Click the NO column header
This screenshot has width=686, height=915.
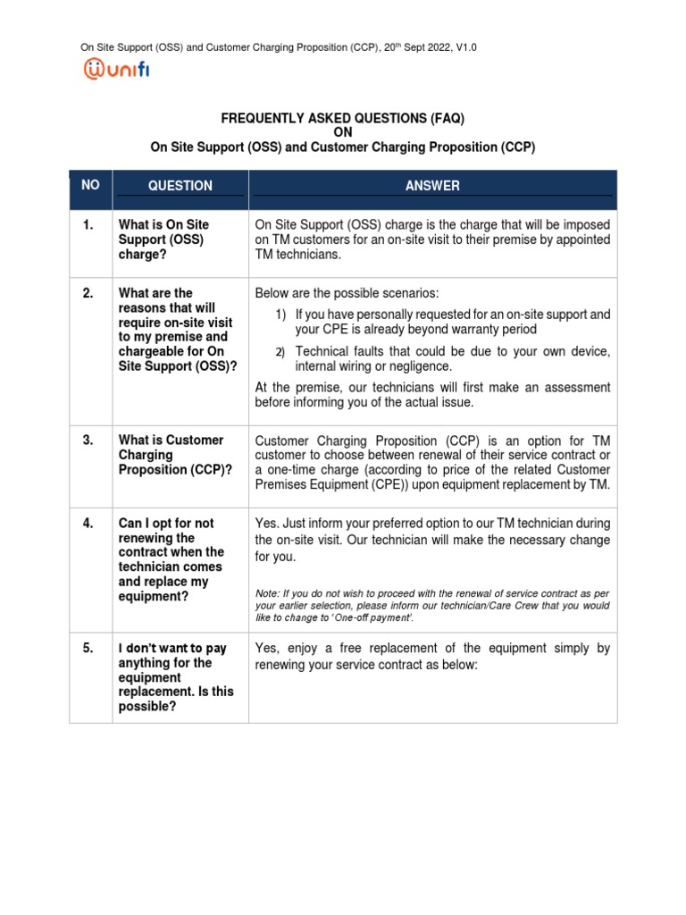coord(90,185)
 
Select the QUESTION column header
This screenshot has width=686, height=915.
coord(180,186)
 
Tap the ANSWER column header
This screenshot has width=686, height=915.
coord(432,186)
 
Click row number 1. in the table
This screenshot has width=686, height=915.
coord(88,225)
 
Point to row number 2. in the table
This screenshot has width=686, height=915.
coord(88,293)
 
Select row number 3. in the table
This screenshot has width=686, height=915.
coord(88,440)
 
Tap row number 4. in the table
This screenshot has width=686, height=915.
coord(88,523)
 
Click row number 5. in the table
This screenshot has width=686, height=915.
coord(88,649)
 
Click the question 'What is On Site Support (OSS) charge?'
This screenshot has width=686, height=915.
coord(163,239)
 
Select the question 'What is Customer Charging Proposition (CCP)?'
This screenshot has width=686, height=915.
coord(174,455)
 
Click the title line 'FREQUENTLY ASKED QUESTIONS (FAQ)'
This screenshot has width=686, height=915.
coord(343,118)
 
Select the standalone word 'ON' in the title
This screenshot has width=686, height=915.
coord(343,132)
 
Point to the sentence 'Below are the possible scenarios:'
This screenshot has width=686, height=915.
coord(347,293)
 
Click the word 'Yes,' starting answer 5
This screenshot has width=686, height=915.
coord(270,648)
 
